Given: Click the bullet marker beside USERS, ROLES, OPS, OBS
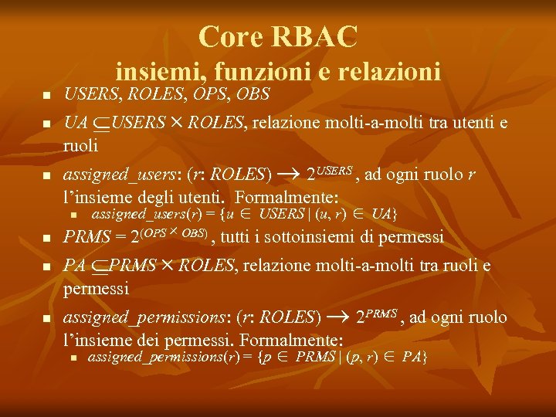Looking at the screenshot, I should point(46,96).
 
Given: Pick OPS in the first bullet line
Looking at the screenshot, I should point(203,94).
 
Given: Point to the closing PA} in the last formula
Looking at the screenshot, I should point(414,358).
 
